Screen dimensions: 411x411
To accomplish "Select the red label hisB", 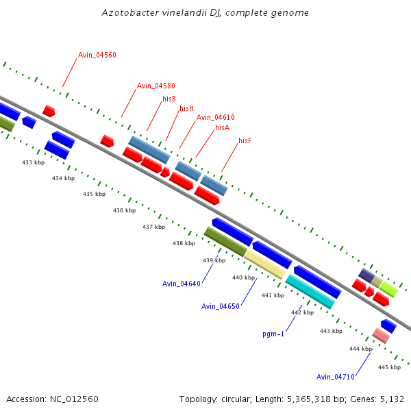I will click(x=169, y=99).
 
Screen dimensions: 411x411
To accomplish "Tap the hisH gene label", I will click(x=186, y=108).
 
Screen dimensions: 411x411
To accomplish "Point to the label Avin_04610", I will click(x=215, y=118).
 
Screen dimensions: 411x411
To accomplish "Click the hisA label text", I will click(x=222, y=127).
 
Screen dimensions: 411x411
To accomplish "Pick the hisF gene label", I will click(x=245, y=140).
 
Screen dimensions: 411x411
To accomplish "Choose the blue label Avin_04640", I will click(x=182, y=284).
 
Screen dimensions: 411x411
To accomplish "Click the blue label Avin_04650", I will click(x=220, y=306).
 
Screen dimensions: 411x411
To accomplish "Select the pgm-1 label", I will click(x=273, y=334).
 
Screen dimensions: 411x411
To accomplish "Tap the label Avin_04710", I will click(x=336, y=377).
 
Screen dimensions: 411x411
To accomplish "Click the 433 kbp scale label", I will click(x=33, y=162).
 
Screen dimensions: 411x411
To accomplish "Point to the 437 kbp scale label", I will click(x=153, y=227).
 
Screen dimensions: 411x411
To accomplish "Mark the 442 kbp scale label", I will click(x=302, y=312).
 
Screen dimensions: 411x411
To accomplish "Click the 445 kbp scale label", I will click(x=389, y=367).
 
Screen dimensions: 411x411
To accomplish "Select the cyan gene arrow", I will click(x=310, y=291).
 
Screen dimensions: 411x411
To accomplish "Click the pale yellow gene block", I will click(x=264, y=264).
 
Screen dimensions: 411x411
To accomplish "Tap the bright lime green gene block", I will click(x=388, y=288).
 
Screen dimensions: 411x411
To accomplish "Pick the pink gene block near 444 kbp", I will click(x=381, y=335).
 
